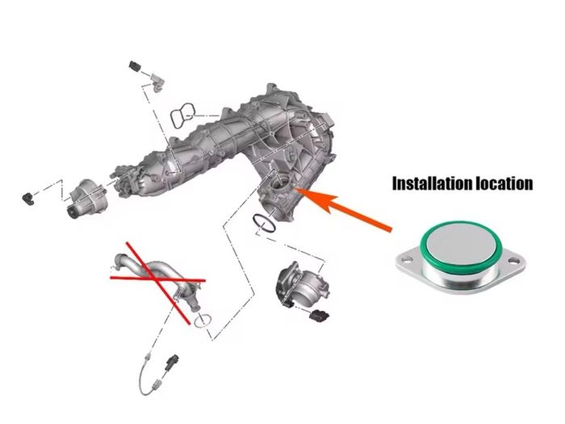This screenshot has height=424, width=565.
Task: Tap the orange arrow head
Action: (x=317, y=199)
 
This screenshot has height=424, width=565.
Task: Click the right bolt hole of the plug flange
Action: (x=513, y=261)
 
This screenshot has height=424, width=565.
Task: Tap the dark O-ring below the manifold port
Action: (x=265, y=223)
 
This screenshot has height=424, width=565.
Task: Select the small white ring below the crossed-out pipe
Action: (x=203, y=321)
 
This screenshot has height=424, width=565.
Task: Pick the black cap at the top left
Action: (x=135, y=66)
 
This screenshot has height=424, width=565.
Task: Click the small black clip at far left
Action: (x=28, y=198)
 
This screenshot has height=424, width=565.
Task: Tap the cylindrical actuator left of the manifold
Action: (x=86, y=199)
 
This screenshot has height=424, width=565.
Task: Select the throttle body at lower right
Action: (x=301, y=284)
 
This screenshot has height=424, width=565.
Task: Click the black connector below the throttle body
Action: (x=319, y=315)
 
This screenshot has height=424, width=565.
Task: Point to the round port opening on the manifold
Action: (x=281, y=183)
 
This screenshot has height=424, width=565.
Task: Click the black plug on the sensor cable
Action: (x=172, y=363)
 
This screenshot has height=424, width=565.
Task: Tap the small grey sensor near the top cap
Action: (x=158, y=82)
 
